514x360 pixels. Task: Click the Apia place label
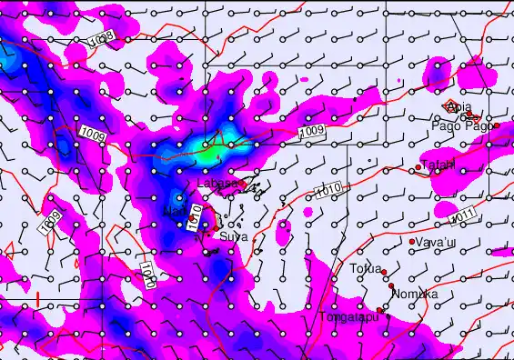[459, 107]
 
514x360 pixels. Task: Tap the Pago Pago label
[461, 126]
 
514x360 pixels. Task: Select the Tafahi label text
[438, 165]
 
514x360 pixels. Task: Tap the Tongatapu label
[348, 317]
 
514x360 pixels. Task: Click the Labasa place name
[217, 184]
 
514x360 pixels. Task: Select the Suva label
[234, 236]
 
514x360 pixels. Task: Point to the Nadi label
[173, 213]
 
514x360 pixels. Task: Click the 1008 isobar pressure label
[102, 39]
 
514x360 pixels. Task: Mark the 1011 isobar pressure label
[463, 215]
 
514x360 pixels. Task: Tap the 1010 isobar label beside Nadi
[194, 215]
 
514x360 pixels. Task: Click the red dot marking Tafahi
[418, 166]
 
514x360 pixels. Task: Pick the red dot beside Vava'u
[411, 242]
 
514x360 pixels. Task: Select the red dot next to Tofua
[385, 272]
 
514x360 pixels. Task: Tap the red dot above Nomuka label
[392, 287]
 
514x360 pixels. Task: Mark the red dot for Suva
[215, 235]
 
